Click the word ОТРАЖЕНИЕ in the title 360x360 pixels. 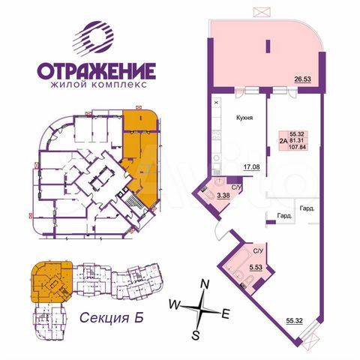tap(95, 73)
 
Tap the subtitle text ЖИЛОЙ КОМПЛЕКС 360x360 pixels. tap(95, 86)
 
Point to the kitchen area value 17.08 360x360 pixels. tap(250, 169)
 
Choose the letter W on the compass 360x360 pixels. tap(174, 305)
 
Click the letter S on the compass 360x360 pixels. tap(195, 334)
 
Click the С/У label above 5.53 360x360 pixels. tap(257, 250)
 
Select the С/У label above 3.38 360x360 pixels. tap(235, 187)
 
